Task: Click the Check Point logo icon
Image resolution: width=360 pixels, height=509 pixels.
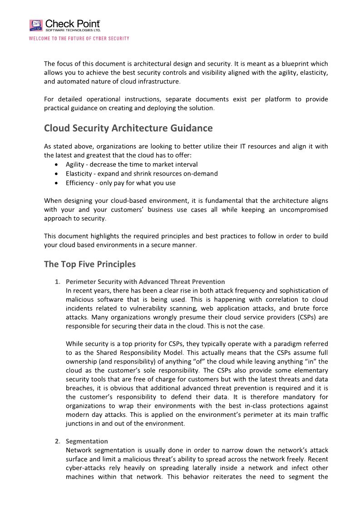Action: point(36,25)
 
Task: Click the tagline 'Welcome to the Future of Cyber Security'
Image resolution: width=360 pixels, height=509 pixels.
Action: point(79,39)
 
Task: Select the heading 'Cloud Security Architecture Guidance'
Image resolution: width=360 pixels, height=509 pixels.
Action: point(128,128)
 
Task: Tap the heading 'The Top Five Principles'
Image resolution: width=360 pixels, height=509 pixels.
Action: point(89,264)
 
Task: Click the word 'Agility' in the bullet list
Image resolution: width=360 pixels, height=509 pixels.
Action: point(76,165)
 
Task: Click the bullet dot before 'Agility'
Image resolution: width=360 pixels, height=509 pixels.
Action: point(56,165)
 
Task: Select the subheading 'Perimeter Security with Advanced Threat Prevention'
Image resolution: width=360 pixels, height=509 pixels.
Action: point(145,282)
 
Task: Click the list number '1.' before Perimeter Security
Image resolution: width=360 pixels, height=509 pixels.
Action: point(58,282)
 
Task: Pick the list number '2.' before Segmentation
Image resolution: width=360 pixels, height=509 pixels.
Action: point(58,441)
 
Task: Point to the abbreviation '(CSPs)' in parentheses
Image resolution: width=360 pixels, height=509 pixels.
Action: point(308,317)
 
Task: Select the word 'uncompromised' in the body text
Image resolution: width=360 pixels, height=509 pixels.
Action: point(305,210)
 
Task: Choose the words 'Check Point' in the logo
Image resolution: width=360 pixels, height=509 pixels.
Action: point(73,24)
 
